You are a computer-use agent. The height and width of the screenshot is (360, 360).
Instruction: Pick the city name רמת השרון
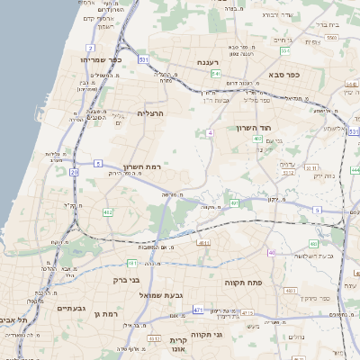142,166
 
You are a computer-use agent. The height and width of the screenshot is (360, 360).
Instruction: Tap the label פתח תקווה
244,282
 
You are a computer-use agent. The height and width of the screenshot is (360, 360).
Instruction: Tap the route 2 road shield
91,48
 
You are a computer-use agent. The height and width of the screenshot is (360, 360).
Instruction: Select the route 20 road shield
73,171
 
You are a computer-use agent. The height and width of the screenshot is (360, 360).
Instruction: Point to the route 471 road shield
198,310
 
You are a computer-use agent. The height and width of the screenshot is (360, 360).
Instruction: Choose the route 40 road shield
272,253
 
